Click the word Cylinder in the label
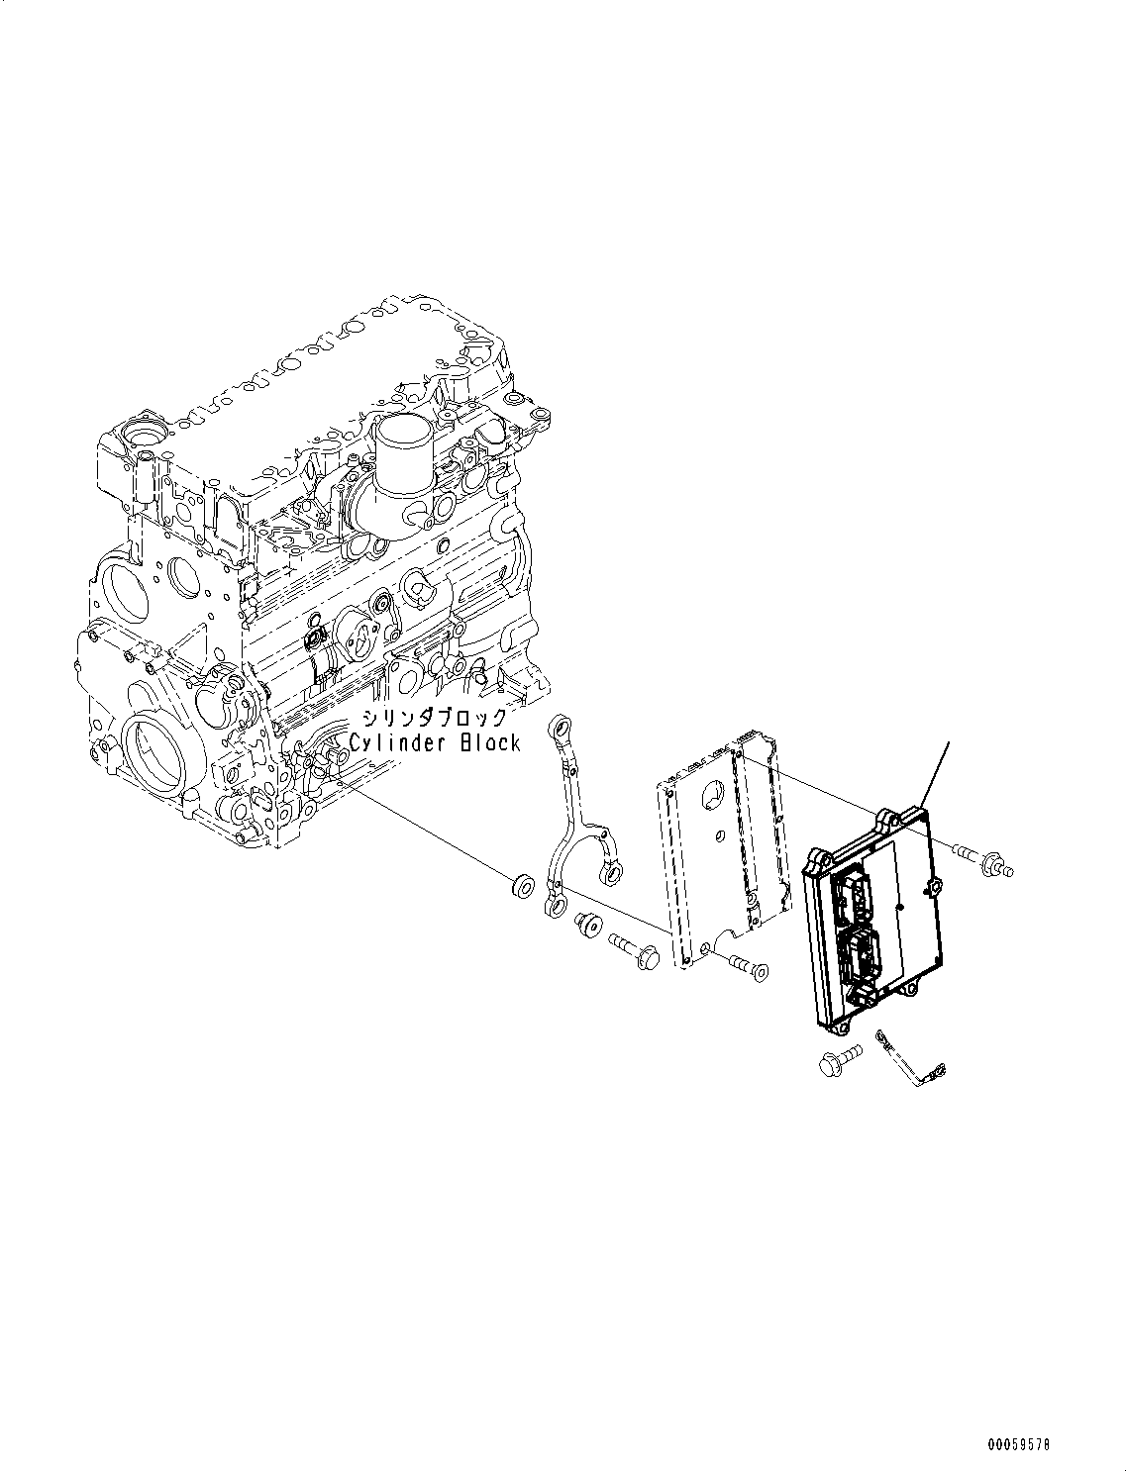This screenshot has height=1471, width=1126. point(396,742)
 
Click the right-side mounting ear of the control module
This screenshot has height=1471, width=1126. point(932,887)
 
